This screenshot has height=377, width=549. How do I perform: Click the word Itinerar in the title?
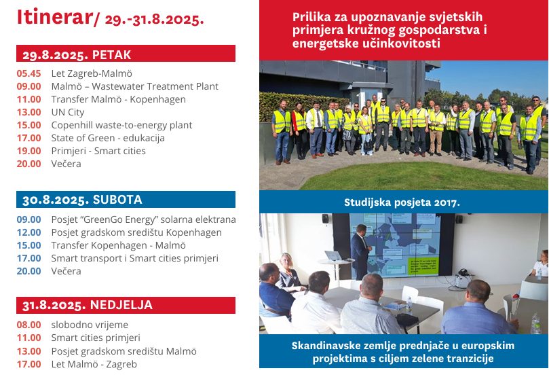pos(54,17)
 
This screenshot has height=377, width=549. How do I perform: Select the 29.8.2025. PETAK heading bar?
pos(126,53)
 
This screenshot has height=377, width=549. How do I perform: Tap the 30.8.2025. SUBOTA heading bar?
pos(126,199)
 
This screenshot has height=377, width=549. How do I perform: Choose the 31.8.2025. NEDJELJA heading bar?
pos(126,305)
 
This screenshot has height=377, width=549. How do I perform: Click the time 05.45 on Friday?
pos(29,73)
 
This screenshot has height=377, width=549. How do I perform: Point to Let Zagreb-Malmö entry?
pos(92,73)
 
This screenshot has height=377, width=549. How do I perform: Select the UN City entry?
pos(68,113)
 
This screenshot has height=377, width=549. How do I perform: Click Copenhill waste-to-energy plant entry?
pos(121,126)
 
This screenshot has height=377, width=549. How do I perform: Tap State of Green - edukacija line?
pos(108,138)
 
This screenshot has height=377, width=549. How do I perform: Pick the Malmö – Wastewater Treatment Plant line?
pos(135,86)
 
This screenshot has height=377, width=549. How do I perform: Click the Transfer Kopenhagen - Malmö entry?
pos(118,246)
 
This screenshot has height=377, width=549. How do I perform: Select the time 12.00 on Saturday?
pos(29,232)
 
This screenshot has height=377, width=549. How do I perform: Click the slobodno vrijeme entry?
pos(90,325)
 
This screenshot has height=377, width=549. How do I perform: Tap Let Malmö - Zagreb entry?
pos(94,364)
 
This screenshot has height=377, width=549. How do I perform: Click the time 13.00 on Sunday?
pos(29,351)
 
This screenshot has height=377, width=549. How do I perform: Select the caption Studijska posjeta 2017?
pos(402,202)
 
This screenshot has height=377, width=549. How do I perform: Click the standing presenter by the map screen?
pos(360,251)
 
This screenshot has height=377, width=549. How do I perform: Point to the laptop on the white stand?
pos(334,256)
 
